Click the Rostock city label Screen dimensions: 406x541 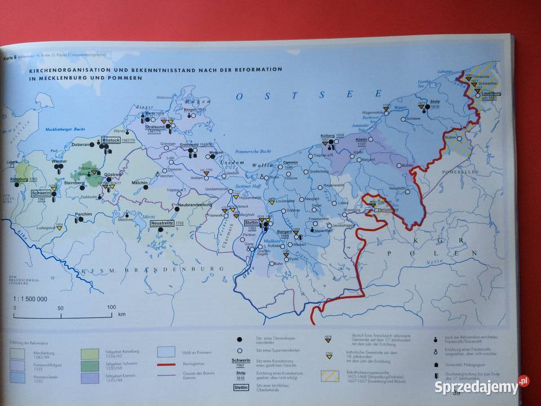click(111, 139)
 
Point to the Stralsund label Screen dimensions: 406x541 click(155, 127)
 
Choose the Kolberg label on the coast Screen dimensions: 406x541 click(327, 136)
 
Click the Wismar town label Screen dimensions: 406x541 click(59, 161)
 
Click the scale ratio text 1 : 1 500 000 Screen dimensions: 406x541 click(30, 299)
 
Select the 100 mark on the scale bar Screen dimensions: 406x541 click(111, 307)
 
